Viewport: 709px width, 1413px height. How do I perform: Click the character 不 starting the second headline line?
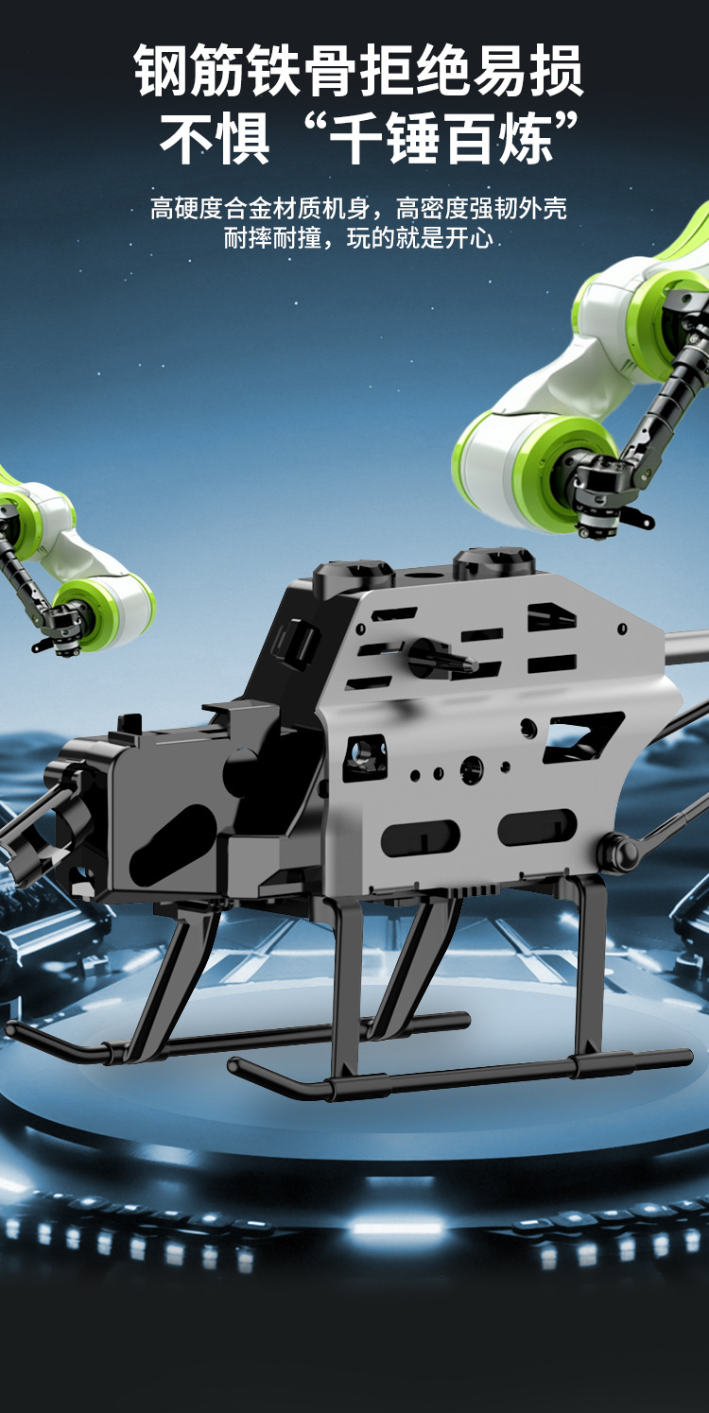pos(187,138)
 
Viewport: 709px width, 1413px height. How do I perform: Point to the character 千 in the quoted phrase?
pos(357,138)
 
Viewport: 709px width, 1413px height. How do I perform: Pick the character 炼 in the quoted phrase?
pos(526,138)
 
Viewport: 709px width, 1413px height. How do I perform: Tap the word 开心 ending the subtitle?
pos(469,238)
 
